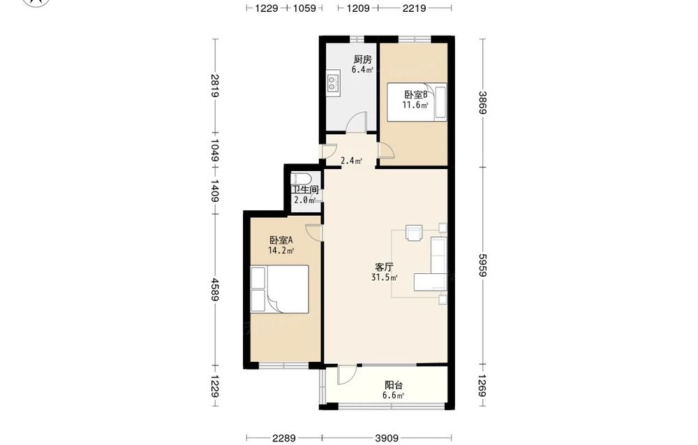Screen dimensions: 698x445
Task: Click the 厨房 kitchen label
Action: pos(362,59)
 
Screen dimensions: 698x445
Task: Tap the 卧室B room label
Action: pos(416,95)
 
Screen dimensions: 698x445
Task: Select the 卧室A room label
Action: pos(281,240)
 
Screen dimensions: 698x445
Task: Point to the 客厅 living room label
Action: pos(384,268)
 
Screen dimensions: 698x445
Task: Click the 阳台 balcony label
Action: pos(394,386)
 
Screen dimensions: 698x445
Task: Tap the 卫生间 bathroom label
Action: pos(306,190)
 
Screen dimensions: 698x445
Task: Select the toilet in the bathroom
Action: pos(302,180)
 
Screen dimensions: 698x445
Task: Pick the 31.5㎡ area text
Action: pos(385,277)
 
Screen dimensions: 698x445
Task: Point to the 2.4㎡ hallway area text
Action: pos(351,161)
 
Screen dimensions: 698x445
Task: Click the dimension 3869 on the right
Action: pos(483,103)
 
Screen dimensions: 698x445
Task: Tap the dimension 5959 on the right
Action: pos(483,265)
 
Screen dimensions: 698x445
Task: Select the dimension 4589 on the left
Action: pos(216,289)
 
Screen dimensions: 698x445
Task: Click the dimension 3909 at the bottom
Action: pos(387,438)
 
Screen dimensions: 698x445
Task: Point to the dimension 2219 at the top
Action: pos(415,8)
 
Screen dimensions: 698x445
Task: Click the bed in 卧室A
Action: pos(280,289)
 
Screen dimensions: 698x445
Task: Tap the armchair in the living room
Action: pos(413,233)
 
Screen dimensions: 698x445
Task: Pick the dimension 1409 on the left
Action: pos(216,191)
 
